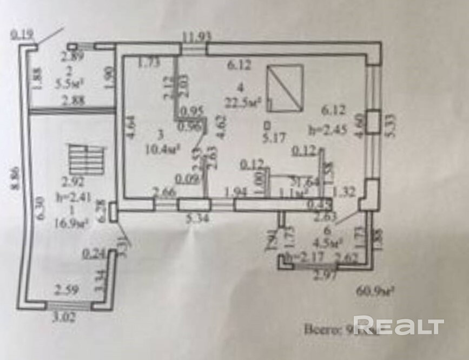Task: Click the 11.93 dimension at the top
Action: click(196, 37)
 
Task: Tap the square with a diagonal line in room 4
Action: click(285, 88)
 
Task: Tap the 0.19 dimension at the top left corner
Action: click(22, 36)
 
